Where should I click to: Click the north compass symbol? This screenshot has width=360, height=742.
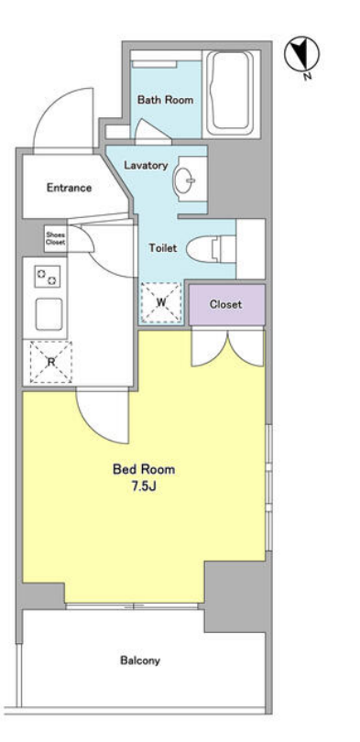(x=301, y=54)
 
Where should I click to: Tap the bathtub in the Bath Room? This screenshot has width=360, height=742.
(x=232, y=93)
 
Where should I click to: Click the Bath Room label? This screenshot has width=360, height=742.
(x=165, y=100)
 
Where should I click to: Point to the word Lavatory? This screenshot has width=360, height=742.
(x=146, y=166)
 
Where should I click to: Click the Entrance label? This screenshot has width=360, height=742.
(x=69, y=188)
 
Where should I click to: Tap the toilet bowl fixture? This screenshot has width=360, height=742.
(x=211, y=249)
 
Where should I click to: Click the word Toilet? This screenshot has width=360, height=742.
(x=163, y=248)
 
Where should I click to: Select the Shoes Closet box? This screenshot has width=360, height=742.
(x=56, y=238)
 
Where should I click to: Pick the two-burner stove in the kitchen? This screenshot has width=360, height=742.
(x=48, y=277)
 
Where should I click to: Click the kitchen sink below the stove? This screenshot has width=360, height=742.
(x=49, y=314)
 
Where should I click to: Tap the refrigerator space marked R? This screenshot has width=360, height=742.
(x=51, y=362)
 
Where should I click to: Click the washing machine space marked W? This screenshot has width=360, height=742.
(x=161, y=303)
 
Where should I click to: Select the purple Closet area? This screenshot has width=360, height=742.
(x=226, y=305)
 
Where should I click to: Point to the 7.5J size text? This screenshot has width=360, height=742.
(x=144, y=486)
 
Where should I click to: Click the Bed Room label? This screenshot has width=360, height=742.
(x=144, y=469)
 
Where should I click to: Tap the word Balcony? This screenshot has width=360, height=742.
(x=140, y=660)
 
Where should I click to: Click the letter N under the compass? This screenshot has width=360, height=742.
(x=308, y=76)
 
